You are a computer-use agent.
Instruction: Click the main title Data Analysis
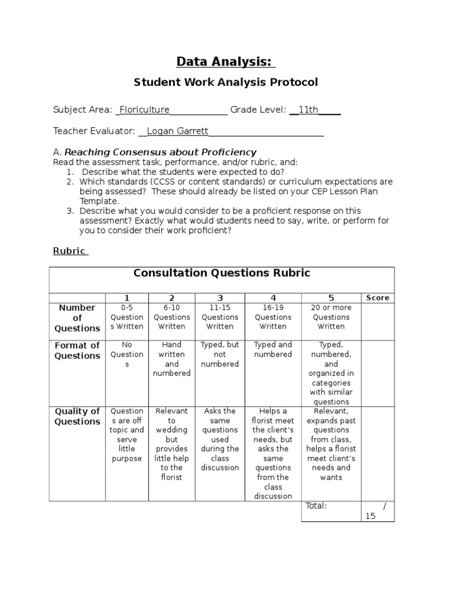[226, 62]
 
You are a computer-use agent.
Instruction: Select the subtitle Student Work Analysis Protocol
[226, 82]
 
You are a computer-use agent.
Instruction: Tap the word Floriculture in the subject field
[144, 110]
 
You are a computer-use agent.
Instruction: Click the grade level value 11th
[308, 110]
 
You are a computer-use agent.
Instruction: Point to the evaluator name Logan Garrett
[177, 131]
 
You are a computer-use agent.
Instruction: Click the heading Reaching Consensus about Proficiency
[160, 153]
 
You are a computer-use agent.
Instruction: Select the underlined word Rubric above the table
[70, 250]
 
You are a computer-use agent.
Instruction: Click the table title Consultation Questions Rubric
[221, 273]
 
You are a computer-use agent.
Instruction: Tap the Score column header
[377, 298]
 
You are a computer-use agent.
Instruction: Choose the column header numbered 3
[220, 298]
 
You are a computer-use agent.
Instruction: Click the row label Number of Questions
[77, 318]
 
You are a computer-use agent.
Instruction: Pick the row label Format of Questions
[77, 350]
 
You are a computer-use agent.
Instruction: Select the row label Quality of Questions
[77, 416]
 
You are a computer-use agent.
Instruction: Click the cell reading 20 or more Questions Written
[331, 317]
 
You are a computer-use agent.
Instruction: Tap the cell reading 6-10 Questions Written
[171, 317]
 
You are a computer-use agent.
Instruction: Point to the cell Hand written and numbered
[171, 359]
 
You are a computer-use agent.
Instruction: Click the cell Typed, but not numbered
[220, 354]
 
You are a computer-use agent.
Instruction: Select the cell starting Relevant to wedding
[171, 444]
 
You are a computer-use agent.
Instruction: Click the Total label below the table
[317, 506]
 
